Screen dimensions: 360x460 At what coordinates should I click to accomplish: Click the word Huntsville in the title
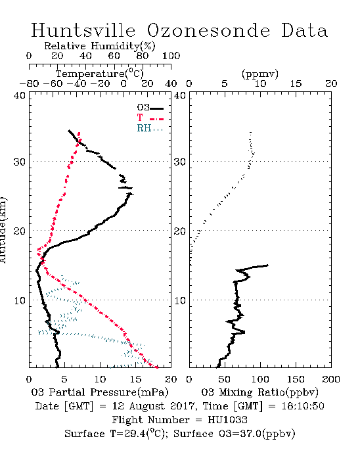pos(83,30)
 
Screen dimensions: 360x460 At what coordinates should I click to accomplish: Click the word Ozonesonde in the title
pos(208,30)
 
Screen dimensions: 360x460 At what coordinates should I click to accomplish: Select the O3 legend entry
pos(150,108)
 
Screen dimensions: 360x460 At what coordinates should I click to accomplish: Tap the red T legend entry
pos(150,118)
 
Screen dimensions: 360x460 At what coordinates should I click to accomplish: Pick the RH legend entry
pos(150,128)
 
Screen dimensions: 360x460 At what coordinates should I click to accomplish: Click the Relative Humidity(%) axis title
pos(100,46)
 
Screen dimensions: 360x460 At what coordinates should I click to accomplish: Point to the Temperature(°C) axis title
pos(100,74)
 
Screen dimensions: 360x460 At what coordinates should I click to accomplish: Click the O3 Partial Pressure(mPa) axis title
pos(100,392)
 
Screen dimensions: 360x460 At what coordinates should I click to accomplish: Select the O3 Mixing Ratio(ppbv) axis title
pos(259,392)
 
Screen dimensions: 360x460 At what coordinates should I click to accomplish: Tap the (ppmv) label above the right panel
pos(260,74)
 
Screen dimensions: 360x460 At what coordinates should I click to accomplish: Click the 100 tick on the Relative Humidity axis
pos(171,56)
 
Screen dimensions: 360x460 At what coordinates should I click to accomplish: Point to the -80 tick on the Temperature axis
pos(29,83)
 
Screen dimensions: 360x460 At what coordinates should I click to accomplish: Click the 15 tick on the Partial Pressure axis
pos(135,379)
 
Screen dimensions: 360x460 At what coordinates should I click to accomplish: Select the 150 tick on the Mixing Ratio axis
pos(296,379)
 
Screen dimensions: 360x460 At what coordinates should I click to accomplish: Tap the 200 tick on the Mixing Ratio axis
pos(331,379)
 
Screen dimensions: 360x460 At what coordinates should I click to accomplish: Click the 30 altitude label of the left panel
pos(20,162)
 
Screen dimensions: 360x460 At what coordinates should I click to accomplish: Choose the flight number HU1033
pos(227,420)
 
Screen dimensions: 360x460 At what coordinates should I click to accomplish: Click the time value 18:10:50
pos(303,406)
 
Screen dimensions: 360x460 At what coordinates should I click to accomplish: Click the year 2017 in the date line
pos(182,406)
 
